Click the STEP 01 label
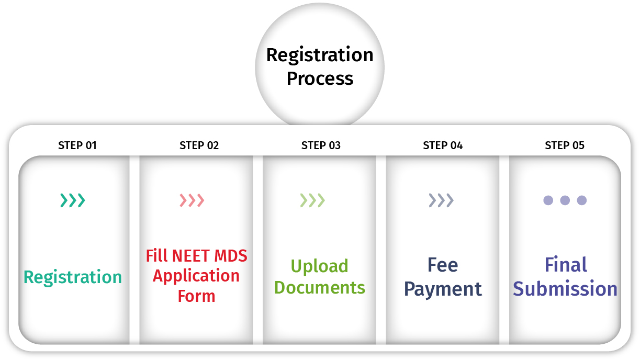[x=77, y=145]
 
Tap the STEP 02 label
[x=199, y=145]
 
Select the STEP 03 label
[x=321, y=145]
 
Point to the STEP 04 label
[x=443, y=145]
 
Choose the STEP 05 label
[x=565, y=145]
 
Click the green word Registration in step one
[x=73, y=277]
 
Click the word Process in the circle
[x=320, y=78]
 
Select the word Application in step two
[x=196, y=276]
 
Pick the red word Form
[x=196, y=296]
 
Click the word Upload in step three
[x=319, y=266]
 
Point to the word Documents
[x=319, y=287]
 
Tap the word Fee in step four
[x=443, y=265]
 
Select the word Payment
[x=443, y=289]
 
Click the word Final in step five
[x=566, y=265]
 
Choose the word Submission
[x=565, y=289]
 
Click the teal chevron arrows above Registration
[x=73, y=200]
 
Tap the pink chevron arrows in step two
[x=192, y=200]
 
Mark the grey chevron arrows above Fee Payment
[x=441, y=200]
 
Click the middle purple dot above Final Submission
[x=565, y=200]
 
